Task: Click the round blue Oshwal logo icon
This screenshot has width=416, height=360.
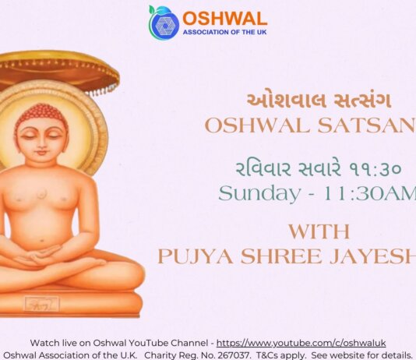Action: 164,22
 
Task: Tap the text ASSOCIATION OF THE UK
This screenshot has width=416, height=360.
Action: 224,33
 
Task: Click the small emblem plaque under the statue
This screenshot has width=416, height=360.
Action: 41,303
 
